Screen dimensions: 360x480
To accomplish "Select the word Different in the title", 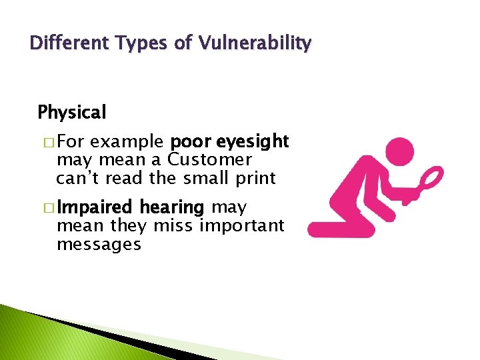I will coord(63,44).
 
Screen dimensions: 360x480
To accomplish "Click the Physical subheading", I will coord(72,113).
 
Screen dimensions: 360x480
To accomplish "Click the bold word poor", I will coord(191,142).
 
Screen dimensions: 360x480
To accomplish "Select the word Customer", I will coord(209,160).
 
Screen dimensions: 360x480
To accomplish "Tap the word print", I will coord(251,178).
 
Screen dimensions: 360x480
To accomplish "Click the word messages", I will coord(99,245).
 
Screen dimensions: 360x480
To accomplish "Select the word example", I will coord(127,142).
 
